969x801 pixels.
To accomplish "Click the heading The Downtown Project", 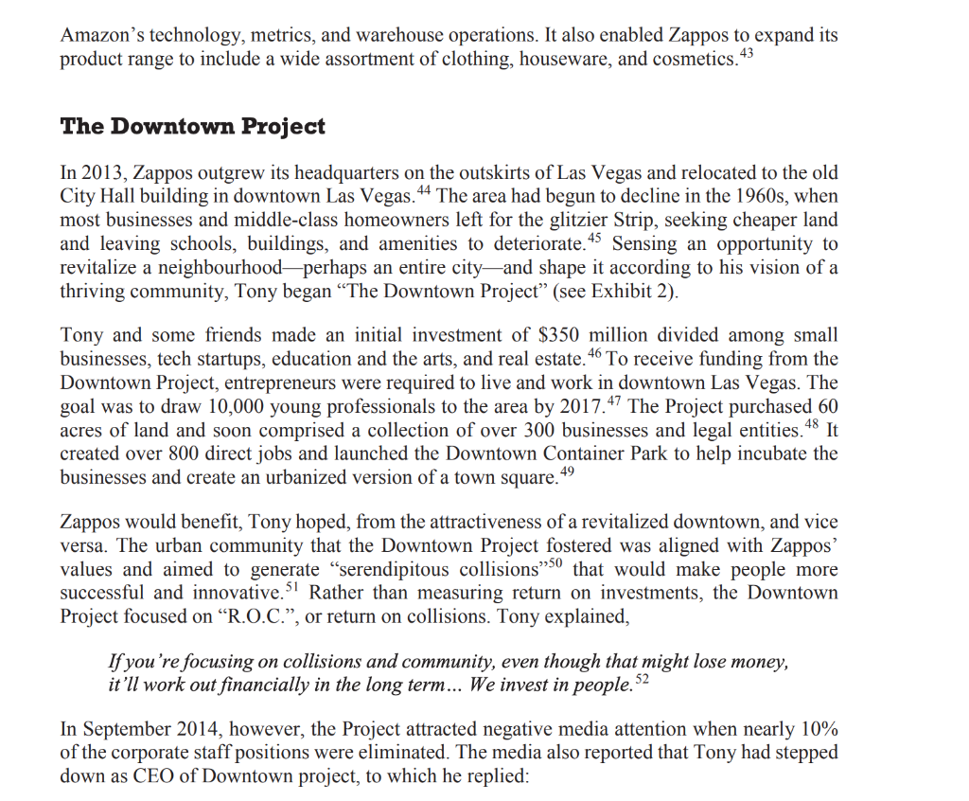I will pos(192,126).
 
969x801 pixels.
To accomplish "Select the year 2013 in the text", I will pos(103,174).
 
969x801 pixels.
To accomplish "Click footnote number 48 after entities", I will pos(813,423).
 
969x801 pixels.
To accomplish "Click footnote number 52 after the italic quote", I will pos(641,680).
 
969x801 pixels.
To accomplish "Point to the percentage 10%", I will pos(816,730).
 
